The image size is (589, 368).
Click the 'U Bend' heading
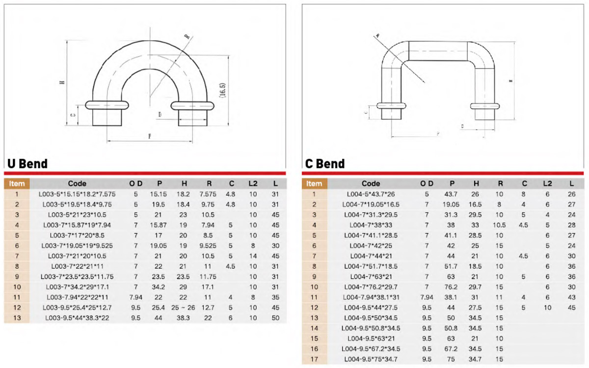[x=27, y=164]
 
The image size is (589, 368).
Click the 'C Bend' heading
[x=325, y=164]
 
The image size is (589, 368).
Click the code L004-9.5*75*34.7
[x=371, y=359]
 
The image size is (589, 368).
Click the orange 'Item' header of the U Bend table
[x=17, y=184]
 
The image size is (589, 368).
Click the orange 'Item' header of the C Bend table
[x=314, y=184]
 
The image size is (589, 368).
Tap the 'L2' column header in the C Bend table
[x=547, y=184]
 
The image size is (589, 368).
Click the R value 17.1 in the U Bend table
[x=208, y=287]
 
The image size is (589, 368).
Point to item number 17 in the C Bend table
[x=314, y=359]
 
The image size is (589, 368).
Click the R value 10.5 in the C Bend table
[x=499, y=225]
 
